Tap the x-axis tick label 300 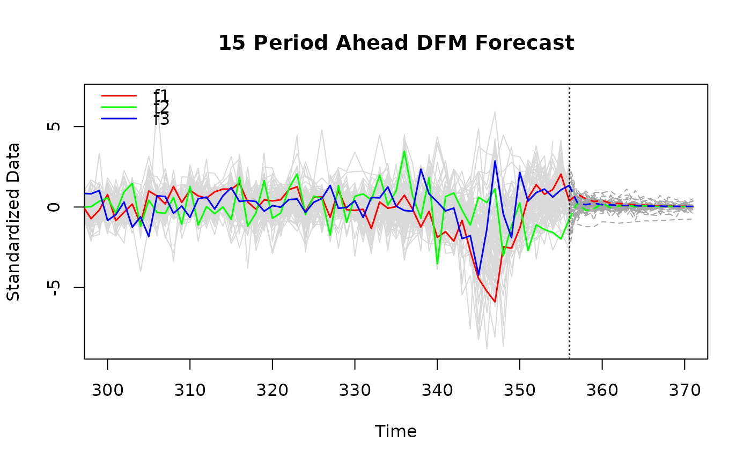click(107, 391)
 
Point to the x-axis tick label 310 click(190, 391)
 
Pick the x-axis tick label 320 click(273, 391)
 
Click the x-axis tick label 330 click(355, 391)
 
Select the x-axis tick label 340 click(437, 391)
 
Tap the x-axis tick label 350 click(520, 391)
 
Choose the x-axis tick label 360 click(602, 391)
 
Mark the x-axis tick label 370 click(684, 391)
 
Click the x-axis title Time click(396, 432)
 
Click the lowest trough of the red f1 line click(495, 302)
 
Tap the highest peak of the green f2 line click(404, 151)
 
